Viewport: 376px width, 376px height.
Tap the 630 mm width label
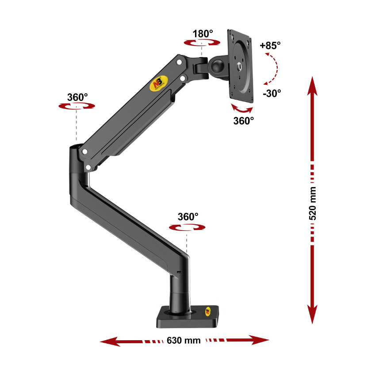(184, 341)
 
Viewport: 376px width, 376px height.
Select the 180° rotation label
(203, 33)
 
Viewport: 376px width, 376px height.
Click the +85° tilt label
(270, 45)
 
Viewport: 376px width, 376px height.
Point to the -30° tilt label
(271, 93)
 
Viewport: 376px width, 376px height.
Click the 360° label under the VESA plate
(243, 120)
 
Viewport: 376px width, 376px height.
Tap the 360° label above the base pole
(188, 217)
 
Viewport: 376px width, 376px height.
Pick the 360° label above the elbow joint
(77, 97)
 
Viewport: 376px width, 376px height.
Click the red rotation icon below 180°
(203, 42)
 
